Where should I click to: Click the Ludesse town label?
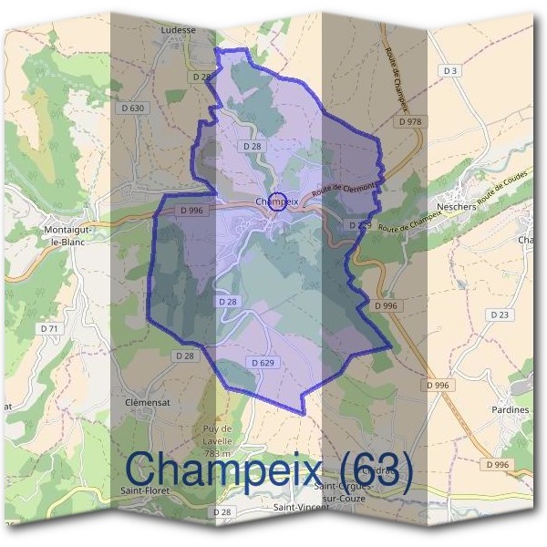[x=178, y=29]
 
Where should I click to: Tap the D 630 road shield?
[x=133, y=108]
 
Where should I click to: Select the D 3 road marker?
[x=449, y=70]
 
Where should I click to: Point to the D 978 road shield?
[x=410, y=121]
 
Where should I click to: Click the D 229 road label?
[x=359, y=224]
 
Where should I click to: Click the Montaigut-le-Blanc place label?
[x=67, y=236]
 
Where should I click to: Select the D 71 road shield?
[x=49, y=328]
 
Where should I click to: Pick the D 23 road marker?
[x=499, y=315]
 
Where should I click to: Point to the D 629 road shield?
[x=261, y=363]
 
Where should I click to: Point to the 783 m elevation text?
[x=218, y=453]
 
